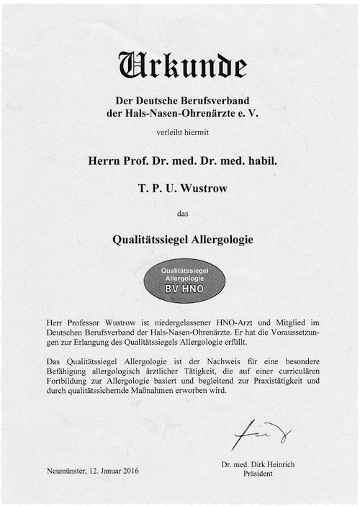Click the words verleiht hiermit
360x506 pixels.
[x=180, y=132]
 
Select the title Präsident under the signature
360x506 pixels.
[x=257, y=475]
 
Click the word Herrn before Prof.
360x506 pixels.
[x=102, y=162]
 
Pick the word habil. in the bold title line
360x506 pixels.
[x=258, y=162]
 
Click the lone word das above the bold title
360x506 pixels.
[x=181, y=212]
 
